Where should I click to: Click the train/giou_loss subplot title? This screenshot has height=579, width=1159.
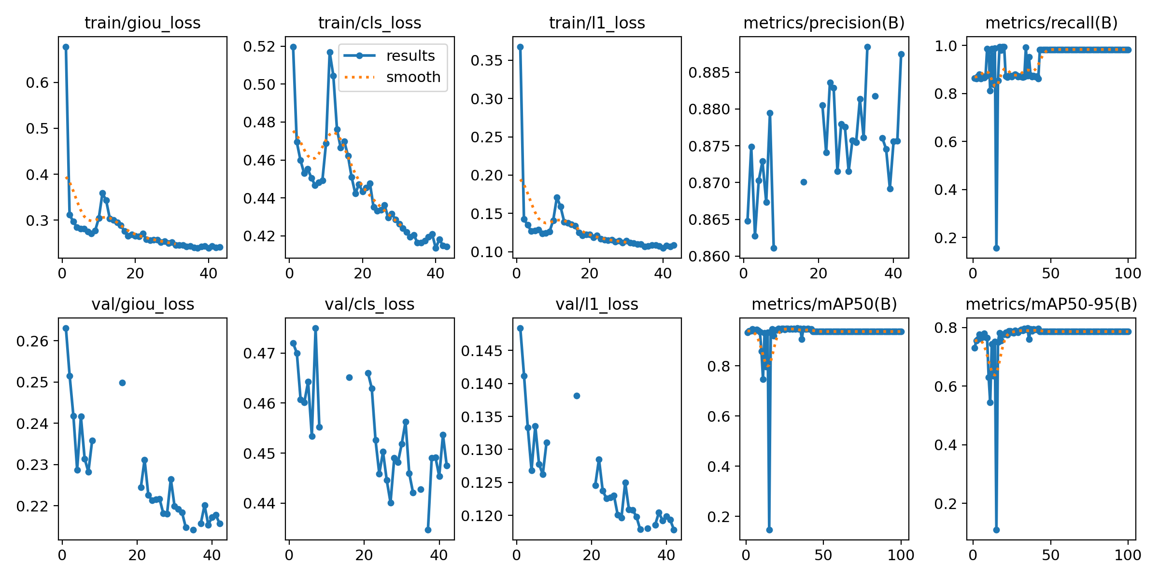[142, 23]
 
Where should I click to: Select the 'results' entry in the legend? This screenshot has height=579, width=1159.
[410, 56]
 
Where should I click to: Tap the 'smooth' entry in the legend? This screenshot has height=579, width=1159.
[413, 77]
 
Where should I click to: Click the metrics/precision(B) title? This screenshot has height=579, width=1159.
[824, 23]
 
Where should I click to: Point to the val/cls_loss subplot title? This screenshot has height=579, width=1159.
[369, 304]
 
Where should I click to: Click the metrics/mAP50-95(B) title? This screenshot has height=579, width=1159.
[1051, 304]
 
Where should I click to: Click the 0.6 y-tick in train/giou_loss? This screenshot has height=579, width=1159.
[38, 83]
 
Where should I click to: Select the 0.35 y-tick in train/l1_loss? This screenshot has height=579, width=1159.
[487, 61]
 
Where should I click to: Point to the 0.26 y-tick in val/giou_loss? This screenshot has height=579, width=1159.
[32, 342]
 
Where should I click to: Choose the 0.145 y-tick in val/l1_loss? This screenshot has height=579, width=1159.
[482, 351]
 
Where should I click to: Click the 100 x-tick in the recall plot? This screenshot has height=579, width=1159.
[1128, 274]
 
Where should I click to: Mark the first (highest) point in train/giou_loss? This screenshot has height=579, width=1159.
[66, 47]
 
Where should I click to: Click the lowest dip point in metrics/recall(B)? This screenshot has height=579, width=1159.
[996, 248]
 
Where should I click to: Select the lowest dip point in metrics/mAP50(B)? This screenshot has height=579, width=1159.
[769, 530]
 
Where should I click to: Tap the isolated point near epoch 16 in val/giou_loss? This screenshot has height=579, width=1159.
[122, 383]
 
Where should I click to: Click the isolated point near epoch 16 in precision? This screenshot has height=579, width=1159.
[804, 182]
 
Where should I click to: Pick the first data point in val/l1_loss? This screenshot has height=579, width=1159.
[520, 328]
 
